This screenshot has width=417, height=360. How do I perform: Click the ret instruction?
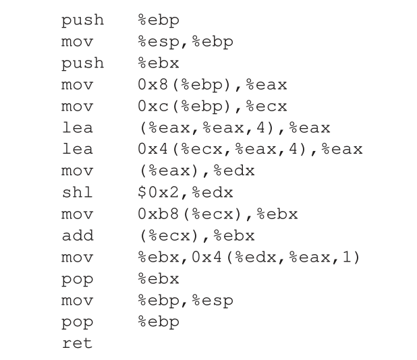pyautogui.click(x=76, y=343)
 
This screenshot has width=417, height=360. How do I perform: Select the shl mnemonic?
pyautogui.click(x=76, y=192)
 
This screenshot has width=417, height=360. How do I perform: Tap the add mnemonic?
pyautogui.click(x=77, y=235)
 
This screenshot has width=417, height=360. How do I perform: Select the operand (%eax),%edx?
pyautogui.click(x=196, y=171)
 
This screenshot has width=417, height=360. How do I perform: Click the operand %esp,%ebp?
pyautogui.click(x=185, y=41)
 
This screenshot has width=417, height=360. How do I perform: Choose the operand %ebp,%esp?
pyautogui.click(x=185, y=300)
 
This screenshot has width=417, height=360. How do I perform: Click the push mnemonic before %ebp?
pyautogui.click(x=82, y=20)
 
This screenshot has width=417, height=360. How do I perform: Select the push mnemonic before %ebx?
pyautogui.click(x=82, y=63)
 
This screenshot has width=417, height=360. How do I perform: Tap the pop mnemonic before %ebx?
pyautogui.click(x=76, y=278)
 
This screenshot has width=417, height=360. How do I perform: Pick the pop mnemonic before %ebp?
pyautogui.click(x=76, y=322)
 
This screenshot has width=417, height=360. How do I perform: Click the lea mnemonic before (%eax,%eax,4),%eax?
pyautogui.click(x=76, y=127)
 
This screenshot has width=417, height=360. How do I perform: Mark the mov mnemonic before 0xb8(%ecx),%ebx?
pyautogui.click(x=76, y=214)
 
